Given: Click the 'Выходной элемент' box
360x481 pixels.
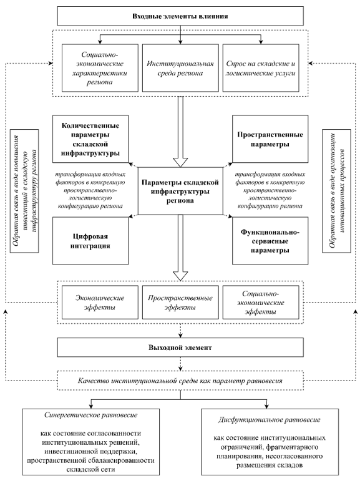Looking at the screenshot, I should pyautogui.click(x=180, y=346).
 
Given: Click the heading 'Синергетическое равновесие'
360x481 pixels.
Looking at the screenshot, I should pyautogui.click(x=92, y=414).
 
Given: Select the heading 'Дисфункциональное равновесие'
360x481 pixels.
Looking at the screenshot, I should pyautogui.click(x=267, y=414).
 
